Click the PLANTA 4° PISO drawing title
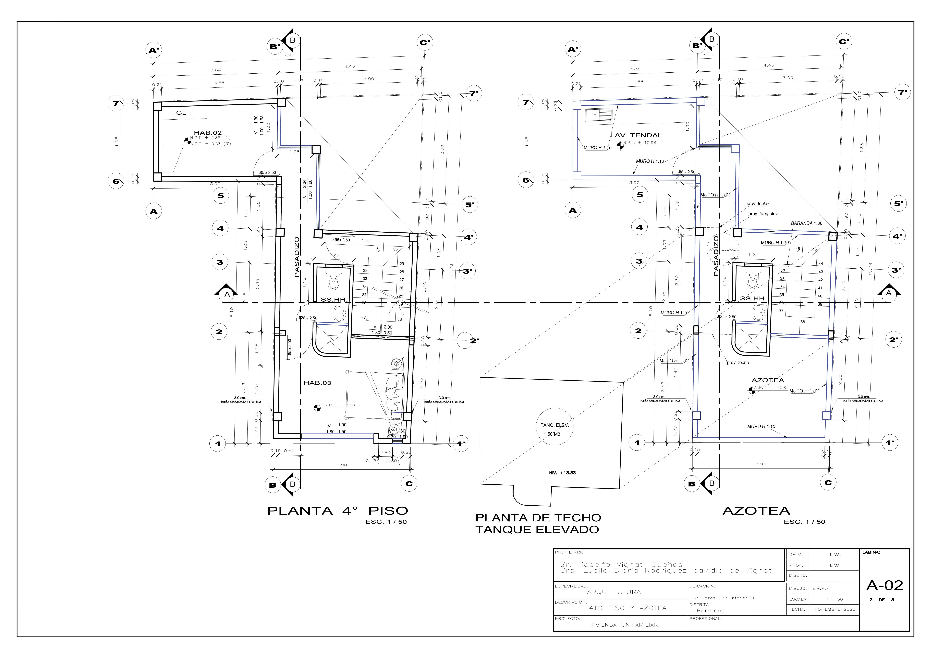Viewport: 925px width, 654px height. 338,511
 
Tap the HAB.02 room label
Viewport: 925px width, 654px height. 207,133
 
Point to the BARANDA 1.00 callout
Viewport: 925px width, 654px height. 807,223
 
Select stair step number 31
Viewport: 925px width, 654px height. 378,249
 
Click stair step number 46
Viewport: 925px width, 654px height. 798,249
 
